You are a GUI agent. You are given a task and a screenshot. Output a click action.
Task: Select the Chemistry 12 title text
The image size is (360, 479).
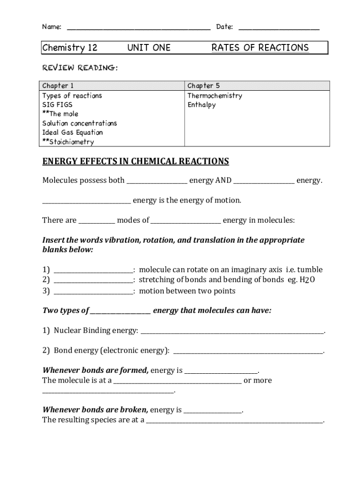coord(70,48)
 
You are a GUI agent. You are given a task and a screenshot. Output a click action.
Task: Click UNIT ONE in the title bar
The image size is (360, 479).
coord(149,48)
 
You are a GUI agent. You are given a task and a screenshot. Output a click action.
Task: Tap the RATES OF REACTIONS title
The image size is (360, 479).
coord(260,48)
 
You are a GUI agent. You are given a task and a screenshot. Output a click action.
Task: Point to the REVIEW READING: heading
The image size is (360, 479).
coord(80,68)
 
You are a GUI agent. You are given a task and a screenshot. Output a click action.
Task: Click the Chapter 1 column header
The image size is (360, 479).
coord(58,86)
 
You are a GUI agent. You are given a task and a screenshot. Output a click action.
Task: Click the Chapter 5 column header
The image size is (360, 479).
coord(203,86)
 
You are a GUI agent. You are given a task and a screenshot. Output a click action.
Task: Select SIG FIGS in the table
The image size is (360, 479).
coord(58,105)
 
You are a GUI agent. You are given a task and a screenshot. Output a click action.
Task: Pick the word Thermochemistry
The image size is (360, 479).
coord(215,95)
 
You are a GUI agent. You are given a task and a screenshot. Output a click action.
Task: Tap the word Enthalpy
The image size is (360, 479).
coord(202,105)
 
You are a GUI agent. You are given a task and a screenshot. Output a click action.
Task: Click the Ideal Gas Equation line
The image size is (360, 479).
coord(72,132)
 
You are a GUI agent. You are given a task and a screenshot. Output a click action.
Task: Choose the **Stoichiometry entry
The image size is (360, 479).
coord(68,142)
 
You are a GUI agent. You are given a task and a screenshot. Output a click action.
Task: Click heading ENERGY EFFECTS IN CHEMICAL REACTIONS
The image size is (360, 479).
coord(136,162)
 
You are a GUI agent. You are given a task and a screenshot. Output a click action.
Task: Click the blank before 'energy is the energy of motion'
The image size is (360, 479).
coord(86,202)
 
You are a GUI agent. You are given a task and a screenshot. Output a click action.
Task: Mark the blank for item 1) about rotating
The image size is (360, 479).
coord(94,271)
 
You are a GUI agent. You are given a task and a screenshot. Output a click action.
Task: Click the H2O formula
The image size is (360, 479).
coord(307,280)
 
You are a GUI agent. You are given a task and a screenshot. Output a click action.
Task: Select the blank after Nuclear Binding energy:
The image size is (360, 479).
coord(232,332)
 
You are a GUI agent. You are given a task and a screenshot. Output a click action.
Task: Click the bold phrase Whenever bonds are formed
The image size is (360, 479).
coord(95,370)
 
